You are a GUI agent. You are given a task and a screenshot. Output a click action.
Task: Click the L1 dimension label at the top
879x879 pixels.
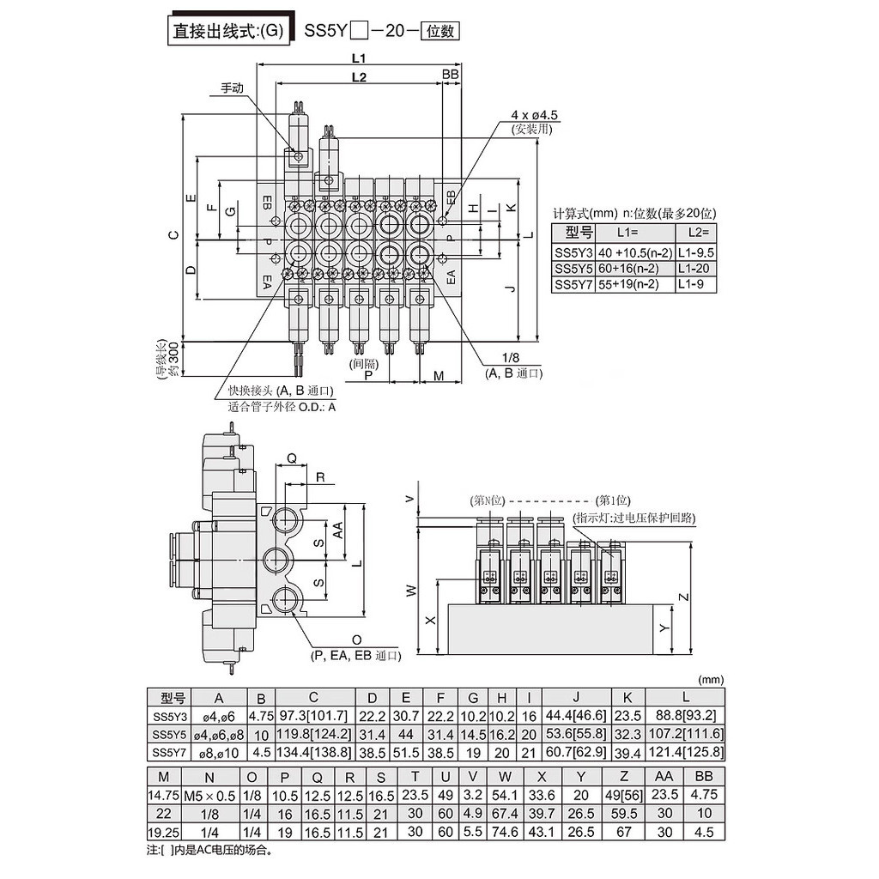pos(360,58)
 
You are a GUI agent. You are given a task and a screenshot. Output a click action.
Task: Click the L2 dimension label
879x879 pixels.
pos(360,78)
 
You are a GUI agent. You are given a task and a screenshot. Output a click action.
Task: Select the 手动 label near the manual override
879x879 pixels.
pos(233,88)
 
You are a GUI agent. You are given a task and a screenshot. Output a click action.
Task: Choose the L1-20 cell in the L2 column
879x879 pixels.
pos(695,268)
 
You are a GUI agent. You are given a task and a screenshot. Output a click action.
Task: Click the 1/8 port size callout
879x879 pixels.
pos(512,358)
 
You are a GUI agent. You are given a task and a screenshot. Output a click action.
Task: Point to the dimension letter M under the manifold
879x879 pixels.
pos(439,376)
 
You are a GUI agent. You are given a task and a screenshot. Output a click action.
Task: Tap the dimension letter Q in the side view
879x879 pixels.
pos(291,459)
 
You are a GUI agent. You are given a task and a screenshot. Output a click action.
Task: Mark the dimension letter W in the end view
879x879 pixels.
pos(410,591)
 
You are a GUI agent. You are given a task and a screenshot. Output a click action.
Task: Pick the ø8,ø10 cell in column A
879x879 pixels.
pos(218,753)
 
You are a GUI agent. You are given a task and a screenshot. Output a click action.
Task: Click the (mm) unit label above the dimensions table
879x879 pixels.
pos(712,678)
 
